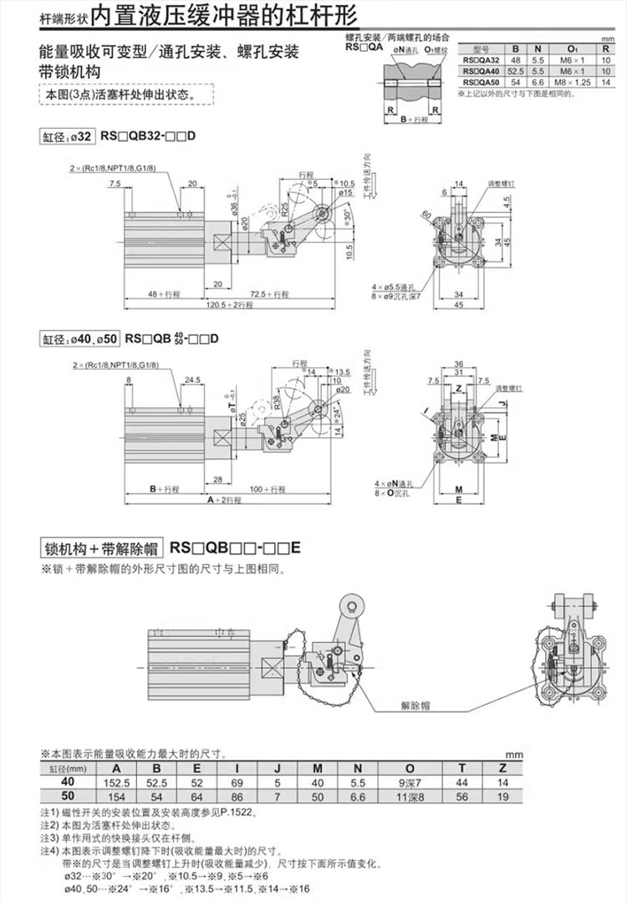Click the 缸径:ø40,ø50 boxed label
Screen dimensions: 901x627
click(79, 339)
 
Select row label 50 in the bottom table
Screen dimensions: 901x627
click(68, 797)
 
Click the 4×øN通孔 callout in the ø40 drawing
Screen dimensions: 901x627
click(396, 484)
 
